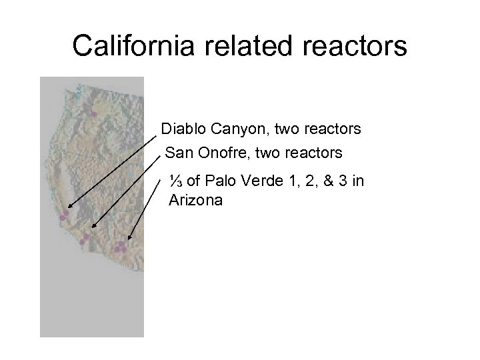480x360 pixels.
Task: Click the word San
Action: pyautogui.click(x=177, y=153)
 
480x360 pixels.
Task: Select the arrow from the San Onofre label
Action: pyautogui.click(x=127, y=193)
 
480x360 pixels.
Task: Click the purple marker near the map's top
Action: pyautogui.click(x=93, y=115)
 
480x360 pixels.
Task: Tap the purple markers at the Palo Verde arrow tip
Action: pyautogui.click(x=120, y=247)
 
